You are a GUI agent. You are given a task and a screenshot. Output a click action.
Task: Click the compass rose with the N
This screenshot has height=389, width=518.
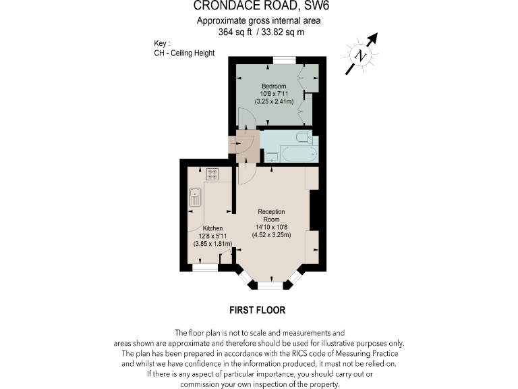pyautogui.click(x=362, y=55)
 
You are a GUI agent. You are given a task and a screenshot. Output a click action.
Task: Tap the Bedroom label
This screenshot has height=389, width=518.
pyautogui.click(x=274, y=86)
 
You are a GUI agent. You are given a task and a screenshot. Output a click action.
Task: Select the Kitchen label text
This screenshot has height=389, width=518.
pyautogui.click(x=212, y=228)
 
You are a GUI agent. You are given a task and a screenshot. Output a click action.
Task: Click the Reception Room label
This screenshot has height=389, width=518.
pyautogui.click(x=271, y=215)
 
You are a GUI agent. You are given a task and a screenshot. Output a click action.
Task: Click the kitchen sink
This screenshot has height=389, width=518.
pyautogui.click(x=196, y=197)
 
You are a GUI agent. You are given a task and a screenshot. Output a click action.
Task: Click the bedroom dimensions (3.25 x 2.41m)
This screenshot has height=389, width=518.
pyautogui.click(x=274, y=101)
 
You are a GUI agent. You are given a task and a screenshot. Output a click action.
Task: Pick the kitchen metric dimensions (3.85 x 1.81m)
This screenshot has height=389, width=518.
pyautogui.click(x=212, y=244)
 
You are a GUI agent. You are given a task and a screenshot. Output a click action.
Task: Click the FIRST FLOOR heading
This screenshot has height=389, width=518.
pyautogui.click(x=258, y=311)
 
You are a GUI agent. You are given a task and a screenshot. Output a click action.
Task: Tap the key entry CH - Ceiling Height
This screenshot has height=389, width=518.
pyautogui.click(x=184, y=53)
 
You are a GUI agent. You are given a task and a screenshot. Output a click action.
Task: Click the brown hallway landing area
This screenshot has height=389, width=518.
pyautogui.click(x=240, y=146)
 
